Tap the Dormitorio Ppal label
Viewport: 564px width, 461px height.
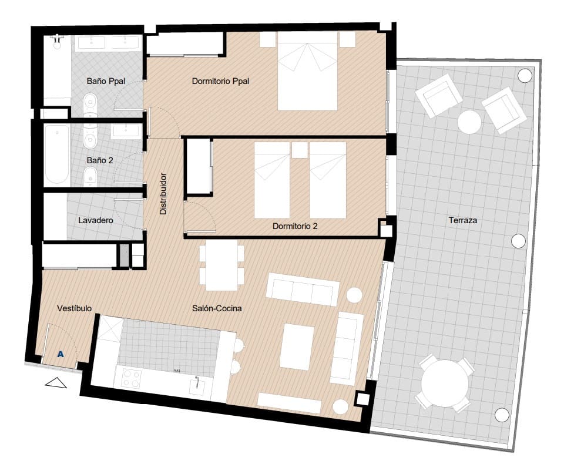[220, 81]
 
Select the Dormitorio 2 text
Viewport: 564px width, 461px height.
[295, 226]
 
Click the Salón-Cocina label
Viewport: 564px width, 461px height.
[217, 308]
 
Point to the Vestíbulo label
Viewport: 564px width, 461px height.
[73, 308]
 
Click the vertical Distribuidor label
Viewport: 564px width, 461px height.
[164, 193]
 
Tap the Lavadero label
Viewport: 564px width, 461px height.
[95, 221]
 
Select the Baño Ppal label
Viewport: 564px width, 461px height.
[103, 81]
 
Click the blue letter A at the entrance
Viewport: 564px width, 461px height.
[61, 354]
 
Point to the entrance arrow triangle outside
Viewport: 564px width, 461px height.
[56, 383]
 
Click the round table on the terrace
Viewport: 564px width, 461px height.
[444, 383]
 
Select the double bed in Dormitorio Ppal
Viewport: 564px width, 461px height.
[308, 70]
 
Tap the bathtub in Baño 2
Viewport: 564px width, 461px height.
[58, 154]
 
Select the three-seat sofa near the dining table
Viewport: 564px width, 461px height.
[303, 290]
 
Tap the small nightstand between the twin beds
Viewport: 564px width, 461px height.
[300, 150]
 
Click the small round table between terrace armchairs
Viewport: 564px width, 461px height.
[469, 122]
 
